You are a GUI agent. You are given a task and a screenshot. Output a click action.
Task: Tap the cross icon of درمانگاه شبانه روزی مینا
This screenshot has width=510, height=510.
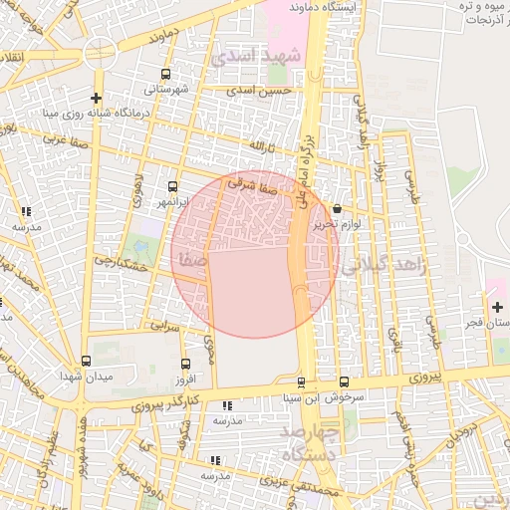pos(96,98)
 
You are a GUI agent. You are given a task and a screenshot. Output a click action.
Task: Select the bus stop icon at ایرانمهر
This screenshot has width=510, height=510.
pos(173,186)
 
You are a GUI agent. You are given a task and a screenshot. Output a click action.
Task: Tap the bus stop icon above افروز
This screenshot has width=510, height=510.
pos(186,365)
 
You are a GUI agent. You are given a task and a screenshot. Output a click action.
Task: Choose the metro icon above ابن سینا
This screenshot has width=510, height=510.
pos(301,382)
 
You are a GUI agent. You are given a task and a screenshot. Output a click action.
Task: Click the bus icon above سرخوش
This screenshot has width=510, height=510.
pos(344,382)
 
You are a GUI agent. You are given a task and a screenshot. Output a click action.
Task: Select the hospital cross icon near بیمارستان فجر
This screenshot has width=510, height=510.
pos(498,306)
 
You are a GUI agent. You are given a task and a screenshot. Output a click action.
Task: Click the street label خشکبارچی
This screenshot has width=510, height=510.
pos(122,263)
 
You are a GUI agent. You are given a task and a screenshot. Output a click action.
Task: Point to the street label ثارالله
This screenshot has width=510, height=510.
pos(258,145)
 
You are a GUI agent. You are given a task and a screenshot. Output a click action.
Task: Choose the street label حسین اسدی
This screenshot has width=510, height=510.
pos(259,91)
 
